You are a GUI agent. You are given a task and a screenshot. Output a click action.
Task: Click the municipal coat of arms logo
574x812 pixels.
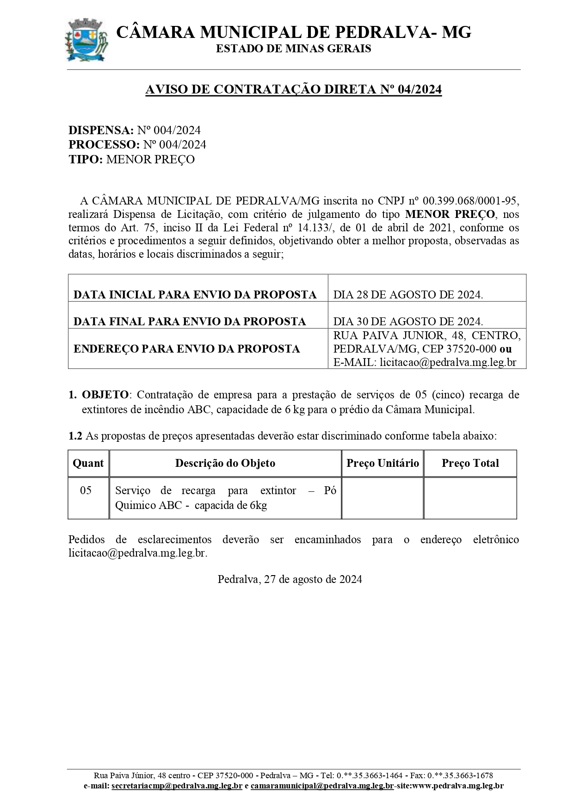point(86,40)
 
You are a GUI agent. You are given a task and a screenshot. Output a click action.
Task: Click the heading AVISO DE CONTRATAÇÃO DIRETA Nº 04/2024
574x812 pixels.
point(293,90)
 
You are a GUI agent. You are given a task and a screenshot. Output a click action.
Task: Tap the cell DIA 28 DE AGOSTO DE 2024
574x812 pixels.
point(408,295)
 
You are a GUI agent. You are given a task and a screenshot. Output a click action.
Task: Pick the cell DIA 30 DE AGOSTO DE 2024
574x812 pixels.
point(408,321)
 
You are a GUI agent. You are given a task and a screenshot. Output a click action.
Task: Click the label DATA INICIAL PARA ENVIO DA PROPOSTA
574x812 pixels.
point(195,295)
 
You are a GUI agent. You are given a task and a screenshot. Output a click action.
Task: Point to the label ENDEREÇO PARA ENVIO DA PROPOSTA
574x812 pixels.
point(186,349)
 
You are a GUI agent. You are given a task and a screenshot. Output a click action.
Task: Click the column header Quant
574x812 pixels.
point(88,463)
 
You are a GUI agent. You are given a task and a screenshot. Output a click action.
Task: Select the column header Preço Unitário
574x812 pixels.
point(383,463)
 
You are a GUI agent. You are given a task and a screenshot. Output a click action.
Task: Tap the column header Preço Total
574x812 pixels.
point(470,463)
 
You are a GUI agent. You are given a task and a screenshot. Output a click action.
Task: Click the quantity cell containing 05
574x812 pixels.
point(86,490)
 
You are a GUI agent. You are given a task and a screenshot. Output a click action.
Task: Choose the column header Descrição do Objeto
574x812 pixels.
point(225,463)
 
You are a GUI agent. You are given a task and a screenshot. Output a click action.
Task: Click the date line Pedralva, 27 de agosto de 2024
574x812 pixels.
point(290,579)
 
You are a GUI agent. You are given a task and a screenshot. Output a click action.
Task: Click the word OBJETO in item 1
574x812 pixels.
point(105,395)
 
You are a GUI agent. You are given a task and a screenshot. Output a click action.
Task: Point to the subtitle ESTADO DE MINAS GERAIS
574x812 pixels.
point(293,49)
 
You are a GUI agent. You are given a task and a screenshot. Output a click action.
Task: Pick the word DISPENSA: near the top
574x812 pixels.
point(101,130)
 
